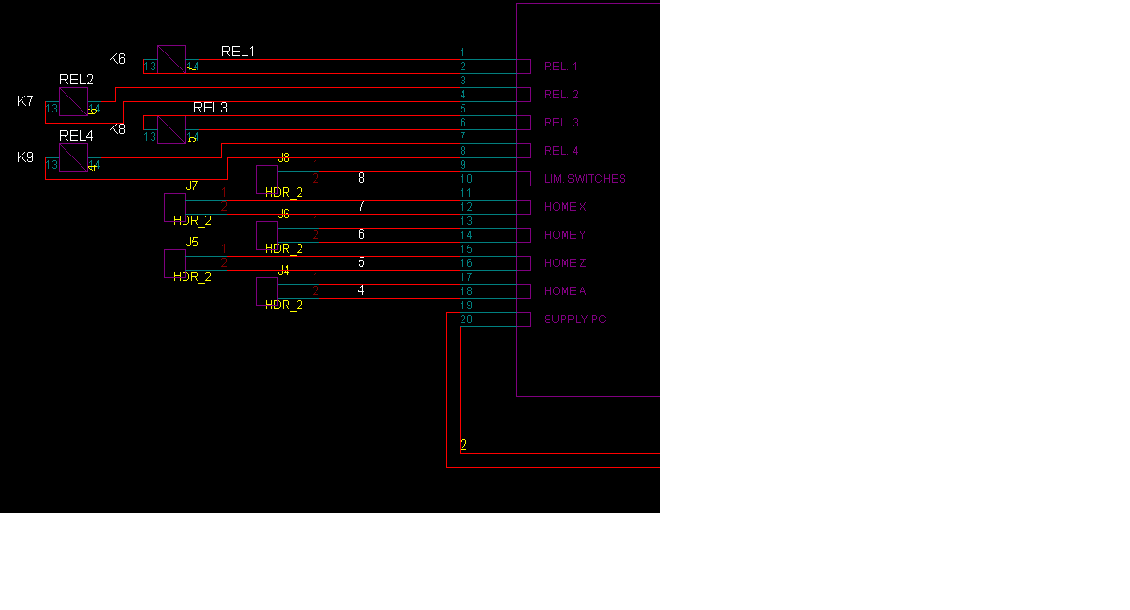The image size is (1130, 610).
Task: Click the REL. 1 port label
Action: click(561, 67)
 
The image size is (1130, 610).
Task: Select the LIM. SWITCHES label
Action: click(584, 179)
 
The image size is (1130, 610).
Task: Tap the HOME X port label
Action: click(565, 207)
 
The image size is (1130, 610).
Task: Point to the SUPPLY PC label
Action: click(575, 320)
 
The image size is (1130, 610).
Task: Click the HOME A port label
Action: click(565, 291)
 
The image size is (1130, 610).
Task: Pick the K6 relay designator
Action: click(117, 59)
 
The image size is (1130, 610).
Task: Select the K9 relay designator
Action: click(25, 157)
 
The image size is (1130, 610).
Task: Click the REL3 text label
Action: click(210, 108)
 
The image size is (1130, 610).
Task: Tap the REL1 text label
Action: click(238, 52)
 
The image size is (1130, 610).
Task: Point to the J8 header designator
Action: click(284, 157)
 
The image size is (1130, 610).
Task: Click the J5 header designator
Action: click(192, 242)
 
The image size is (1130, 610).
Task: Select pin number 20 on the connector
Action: click(466, 320)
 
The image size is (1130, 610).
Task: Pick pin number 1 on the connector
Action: click(462, 52)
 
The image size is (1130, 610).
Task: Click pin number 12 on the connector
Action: click(466, 207)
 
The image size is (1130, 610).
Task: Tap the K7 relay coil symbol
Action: click(73, 102)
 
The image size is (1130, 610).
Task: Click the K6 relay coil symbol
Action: click(171, 60)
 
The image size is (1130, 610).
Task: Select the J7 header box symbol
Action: click(174, 206)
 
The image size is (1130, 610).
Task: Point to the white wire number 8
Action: click(361, 178)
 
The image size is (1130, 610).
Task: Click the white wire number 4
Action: click(361, 290)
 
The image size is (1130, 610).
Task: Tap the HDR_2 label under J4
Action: click(284, 305)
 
